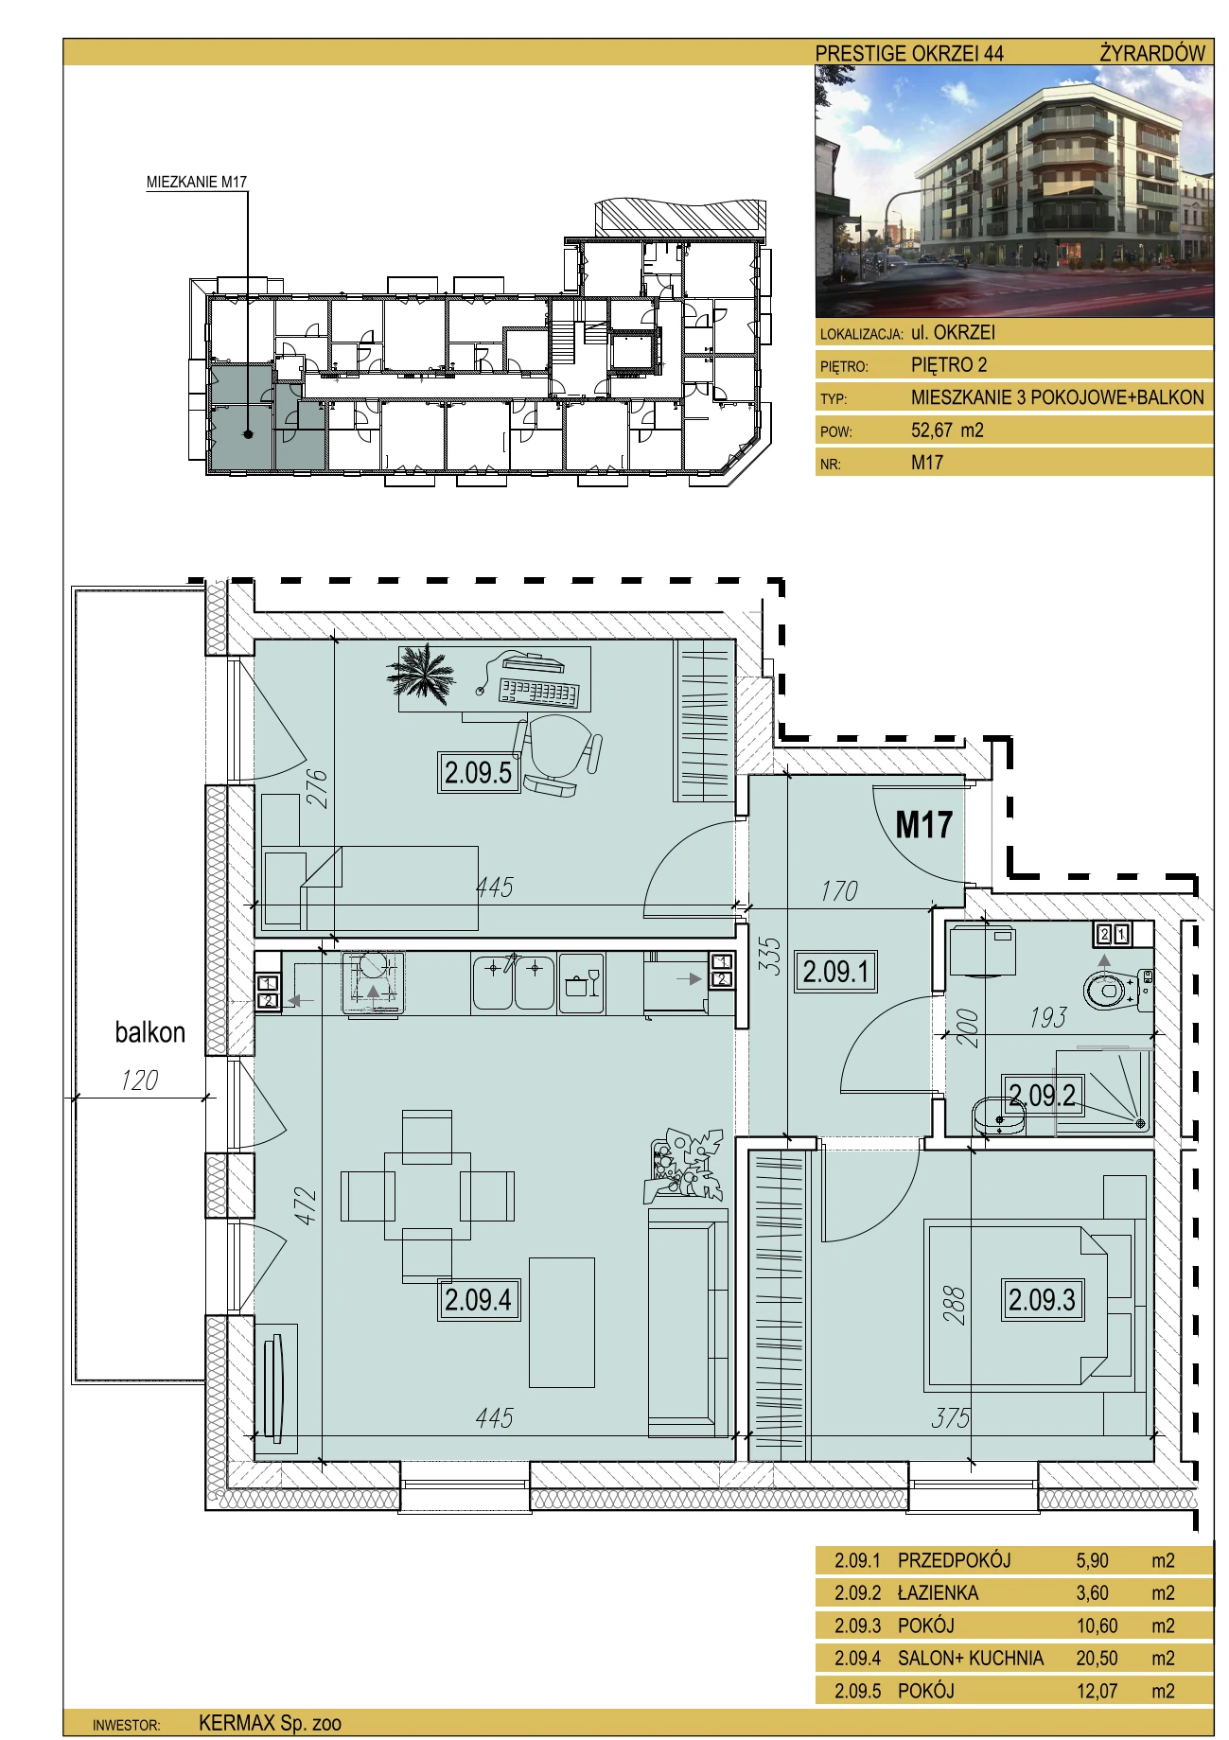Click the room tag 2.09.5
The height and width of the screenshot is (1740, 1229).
pyautogui.click(x=478, y=772)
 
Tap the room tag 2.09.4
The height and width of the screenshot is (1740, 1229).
pyautogui.click(x=478, y=1300)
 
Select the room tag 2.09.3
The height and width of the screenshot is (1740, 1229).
pyautogui.click(x=1042, y=1300)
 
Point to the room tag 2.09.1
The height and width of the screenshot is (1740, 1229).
pyautogui.click(x=836, y=972)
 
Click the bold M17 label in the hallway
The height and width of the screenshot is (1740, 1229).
pyautogui.click(x=923, y=825)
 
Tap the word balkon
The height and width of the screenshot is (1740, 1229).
pyautogui.click(x=149, y=1032)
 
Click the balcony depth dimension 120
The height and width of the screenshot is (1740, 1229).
pyautogui.click(x=139, y=1080)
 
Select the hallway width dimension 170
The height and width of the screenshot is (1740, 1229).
pyautogui.click(x=839, y=890)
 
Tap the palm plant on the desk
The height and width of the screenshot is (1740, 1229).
pyautogui.click(x=421, y=674)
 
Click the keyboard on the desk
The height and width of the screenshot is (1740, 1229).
pyautogui.click(x=537, y=693)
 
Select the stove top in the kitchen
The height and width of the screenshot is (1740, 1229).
pyautogui.click(x=373, y=982)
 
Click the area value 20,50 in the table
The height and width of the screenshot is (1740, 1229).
pyautogui.click(x=1097, y=1658)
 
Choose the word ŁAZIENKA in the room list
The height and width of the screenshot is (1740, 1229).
pyautogui.click(x=938, y=1592)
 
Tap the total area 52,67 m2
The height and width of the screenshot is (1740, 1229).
pyautogui.click(x=947, y=430)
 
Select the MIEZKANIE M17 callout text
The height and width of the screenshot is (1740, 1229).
pyautogui.click(x=197, y=182)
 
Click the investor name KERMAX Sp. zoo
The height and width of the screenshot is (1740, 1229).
pyautogui.click(x=270, y=1723)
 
